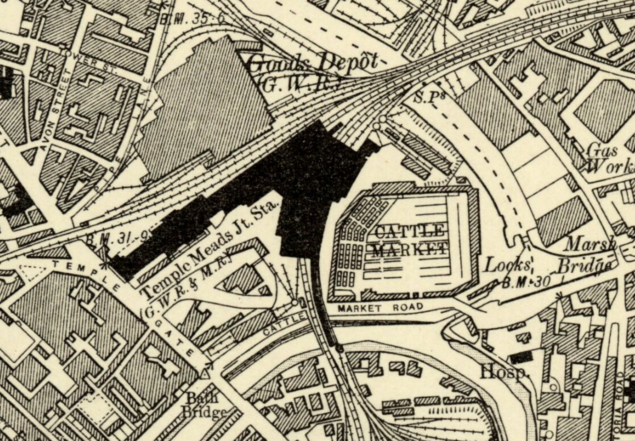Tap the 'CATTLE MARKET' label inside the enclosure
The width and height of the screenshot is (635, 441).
tap(410, 240)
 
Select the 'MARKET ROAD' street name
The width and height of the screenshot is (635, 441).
tap(380, 308)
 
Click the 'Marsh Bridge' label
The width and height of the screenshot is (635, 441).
tap(588, 255)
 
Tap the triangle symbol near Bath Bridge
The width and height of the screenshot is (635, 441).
tap(205, 375)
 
